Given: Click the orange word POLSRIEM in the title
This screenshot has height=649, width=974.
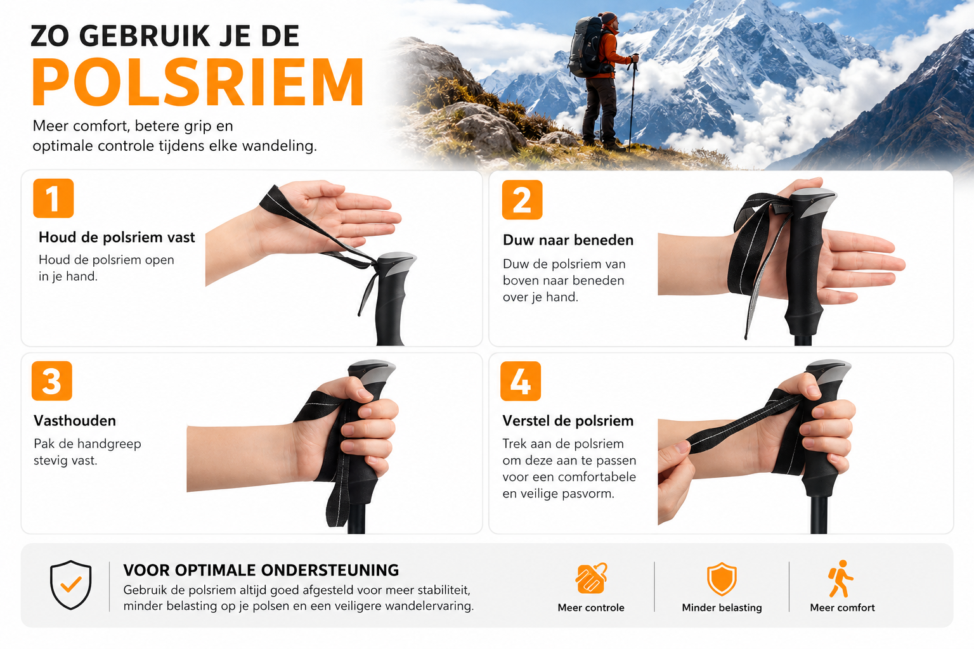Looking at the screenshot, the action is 198,82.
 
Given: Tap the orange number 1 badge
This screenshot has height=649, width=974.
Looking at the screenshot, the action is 53,198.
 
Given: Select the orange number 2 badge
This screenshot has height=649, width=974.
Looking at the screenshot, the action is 523,200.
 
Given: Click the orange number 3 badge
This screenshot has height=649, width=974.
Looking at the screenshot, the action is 52,381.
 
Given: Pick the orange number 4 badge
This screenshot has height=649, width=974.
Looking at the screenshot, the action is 521,381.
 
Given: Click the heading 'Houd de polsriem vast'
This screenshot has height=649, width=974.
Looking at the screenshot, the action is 117,237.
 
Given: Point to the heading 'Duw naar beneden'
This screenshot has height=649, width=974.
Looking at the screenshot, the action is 568,240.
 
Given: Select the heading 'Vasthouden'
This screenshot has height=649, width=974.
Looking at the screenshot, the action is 75,421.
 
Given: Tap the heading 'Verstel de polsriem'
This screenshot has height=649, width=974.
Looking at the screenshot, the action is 568,421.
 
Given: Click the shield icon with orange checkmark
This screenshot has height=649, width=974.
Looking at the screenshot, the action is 71,584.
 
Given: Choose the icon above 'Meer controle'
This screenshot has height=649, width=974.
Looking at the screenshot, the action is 592,578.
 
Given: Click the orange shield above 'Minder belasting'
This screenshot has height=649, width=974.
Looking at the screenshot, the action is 722,579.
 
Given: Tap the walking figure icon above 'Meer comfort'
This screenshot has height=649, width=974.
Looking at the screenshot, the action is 841,579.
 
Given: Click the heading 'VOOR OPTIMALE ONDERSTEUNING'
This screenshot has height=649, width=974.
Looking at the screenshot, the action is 261,570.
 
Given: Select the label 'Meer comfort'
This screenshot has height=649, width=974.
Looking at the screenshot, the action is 842,608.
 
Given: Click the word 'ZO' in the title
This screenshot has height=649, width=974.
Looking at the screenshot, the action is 49,35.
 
